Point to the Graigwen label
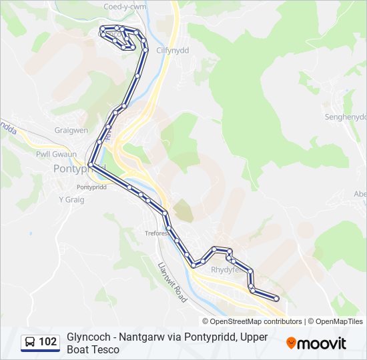71,131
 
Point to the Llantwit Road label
172,282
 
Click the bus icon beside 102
31,342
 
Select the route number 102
48,342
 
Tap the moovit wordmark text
322,343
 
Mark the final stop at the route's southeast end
276,299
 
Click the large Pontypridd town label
79,169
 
